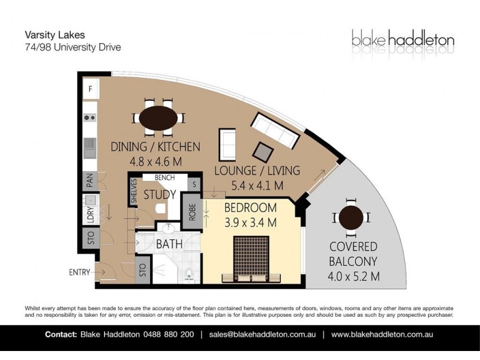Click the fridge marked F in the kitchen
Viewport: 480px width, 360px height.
(x=91, y=89)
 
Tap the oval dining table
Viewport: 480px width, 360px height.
(x=158, y=118)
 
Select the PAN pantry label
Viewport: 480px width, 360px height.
(x=90, y=181)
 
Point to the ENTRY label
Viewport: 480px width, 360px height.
(x=79, y=272)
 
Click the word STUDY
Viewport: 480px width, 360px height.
(x=160, y=194)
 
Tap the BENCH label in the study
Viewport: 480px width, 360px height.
(x=164, y=178)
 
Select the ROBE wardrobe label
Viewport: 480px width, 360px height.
(x=192, y=212)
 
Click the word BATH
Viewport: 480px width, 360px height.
(x=169, y=244)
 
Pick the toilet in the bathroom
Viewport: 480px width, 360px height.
(x=190, y=274)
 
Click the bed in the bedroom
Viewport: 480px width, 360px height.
(x=251, y=259)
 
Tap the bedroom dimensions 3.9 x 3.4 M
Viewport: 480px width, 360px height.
(x=250, y=223)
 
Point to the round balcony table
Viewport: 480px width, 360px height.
(x=351, y=218)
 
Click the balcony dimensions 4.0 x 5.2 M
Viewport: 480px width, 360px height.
(x=353, y=277)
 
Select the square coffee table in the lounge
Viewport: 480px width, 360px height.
(x=263, y=152)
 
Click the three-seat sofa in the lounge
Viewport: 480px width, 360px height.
(x=275, y=131)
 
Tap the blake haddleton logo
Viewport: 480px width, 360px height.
(x=403, y=40)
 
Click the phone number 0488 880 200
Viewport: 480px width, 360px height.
(x=169, y=334)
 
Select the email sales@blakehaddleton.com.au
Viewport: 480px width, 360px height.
(x=262, y=334)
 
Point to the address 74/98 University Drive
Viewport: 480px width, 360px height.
(x=73, y=47)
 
